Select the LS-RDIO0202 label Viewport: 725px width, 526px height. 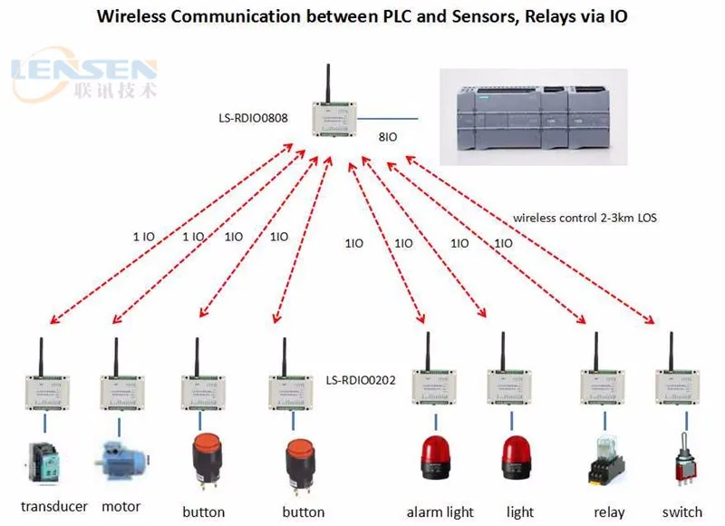tap(362, 381)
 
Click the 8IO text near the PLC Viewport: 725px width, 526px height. tap(387, 137)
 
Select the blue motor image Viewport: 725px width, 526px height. tap(120, 461)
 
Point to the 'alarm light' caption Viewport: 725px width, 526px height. tap(440, 511)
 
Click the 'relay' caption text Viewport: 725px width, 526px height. tap(609, 511)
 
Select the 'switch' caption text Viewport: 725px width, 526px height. tap(681, 511)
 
